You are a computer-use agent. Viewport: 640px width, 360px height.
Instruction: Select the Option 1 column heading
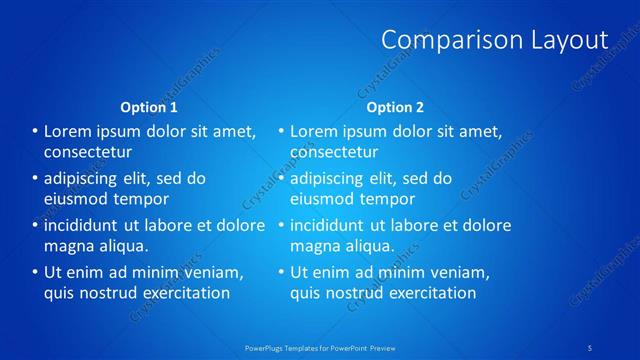click(149, 107)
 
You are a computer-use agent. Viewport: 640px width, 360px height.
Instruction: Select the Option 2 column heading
click(395, 107)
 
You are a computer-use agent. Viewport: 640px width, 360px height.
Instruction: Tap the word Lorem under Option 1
click(68, 131)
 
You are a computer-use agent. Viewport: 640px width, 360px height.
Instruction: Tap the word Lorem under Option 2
click(314, 131)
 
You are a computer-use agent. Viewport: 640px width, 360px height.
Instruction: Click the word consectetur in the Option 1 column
click(88, 152)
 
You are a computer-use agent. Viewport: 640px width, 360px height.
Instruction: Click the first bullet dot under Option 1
click(34, 131)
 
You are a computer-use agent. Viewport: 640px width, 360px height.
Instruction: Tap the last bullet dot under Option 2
click(280, 272)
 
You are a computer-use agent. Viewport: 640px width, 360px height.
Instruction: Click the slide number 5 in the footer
click(590, 347)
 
